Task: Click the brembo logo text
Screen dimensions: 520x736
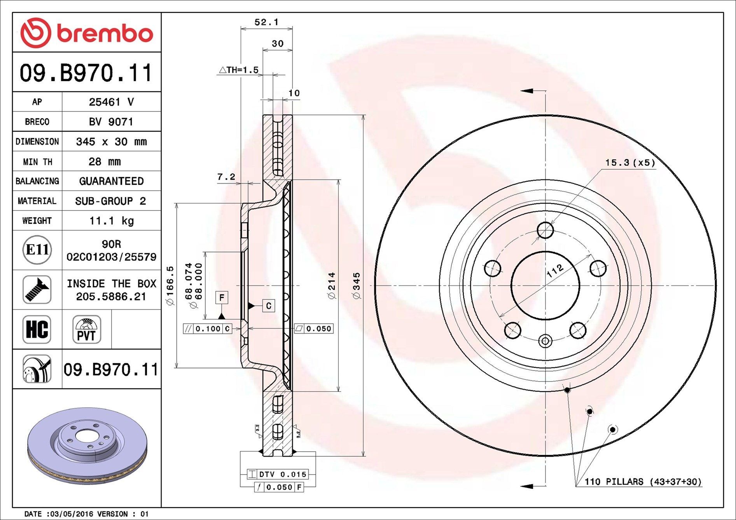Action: tap(105, 34)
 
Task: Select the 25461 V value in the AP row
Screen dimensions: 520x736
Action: tap(111, 102)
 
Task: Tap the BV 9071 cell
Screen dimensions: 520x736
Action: tap(111, 122)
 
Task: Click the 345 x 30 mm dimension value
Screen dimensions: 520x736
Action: tap(111, 142)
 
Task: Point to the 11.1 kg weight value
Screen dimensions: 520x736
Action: tap(111, 221)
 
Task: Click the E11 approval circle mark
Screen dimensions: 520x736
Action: tap(37, 250)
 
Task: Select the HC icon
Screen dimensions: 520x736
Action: tap(37, 329)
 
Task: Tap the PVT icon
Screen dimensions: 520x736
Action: tap(86, 329)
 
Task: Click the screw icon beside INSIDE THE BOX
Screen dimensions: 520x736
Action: tap(37, 290)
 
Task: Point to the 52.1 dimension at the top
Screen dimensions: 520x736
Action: tap(266, 23)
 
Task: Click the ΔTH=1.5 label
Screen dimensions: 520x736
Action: tap(238, 70)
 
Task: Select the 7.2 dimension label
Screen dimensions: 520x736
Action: tap(226, 177)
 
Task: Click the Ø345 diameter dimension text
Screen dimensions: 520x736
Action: tap(357, 285)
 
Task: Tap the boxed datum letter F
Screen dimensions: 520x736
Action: tap(222, 298)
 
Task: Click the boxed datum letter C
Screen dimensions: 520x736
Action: tap(268, 306)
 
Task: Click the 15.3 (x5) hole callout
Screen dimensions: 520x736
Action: tap(630, 163)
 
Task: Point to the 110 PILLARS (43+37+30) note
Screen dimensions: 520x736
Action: tap(643, 482)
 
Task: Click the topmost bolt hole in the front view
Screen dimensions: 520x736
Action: tap(545, 230)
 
